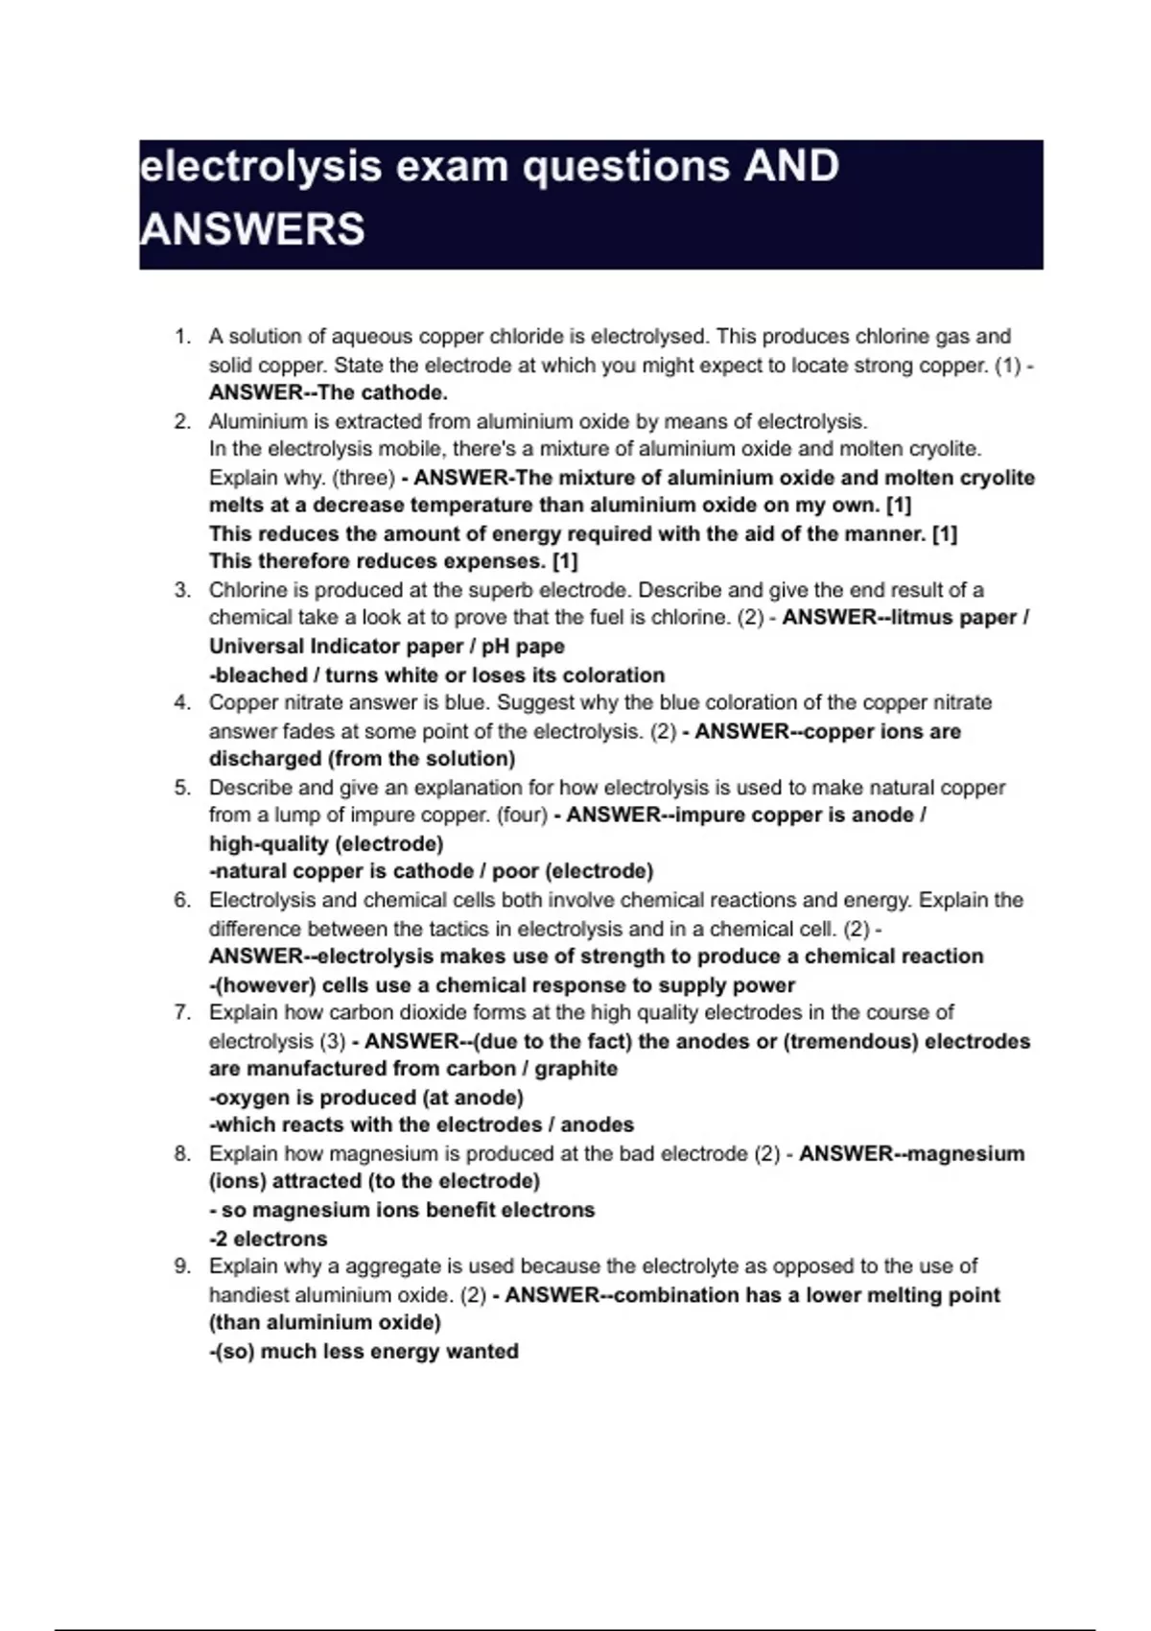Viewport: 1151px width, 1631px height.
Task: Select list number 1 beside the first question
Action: click(181, 337)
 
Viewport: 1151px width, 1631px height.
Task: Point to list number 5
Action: click(181, 788)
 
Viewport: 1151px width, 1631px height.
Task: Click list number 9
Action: click(181, 1266)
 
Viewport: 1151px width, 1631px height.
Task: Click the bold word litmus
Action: click(924, 618)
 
